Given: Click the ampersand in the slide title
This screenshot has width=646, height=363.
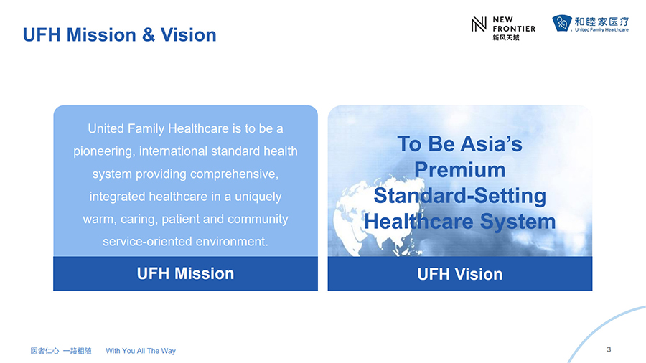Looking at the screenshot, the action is pos(149,35).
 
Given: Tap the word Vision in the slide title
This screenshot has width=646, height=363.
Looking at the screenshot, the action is pos(188,35).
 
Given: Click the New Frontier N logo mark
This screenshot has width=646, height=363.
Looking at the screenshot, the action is pos(479,24).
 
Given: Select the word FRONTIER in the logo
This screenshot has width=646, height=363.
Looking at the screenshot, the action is pos(514,29).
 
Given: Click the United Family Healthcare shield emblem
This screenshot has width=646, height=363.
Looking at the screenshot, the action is pos(562,23).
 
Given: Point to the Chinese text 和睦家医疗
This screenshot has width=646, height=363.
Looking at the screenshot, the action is pos(601,22).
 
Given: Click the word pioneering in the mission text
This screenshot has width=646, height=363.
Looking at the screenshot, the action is pos(104,151).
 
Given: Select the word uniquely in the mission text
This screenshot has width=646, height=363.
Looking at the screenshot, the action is pos(258,197).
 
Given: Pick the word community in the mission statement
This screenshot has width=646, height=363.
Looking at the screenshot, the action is pos(258,219).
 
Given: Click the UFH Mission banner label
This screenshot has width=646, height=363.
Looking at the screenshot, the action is pos(185,274).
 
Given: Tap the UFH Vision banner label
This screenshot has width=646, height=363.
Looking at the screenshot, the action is pos(460,274).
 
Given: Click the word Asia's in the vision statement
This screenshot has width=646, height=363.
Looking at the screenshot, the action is pos(491,144).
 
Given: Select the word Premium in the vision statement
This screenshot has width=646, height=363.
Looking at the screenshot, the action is pos(460,170).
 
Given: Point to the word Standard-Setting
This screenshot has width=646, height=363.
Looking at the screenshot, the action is pos(460,197).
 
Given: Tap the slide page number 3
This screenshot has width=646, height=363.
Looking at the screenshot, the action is pos(609,349).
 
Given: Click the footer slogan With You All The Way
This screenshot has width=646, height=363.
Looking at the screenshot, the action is pos(141,351).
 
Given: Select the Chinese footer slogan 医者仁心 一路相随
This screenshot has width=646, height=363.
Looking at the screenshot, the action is pos(61,351).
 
